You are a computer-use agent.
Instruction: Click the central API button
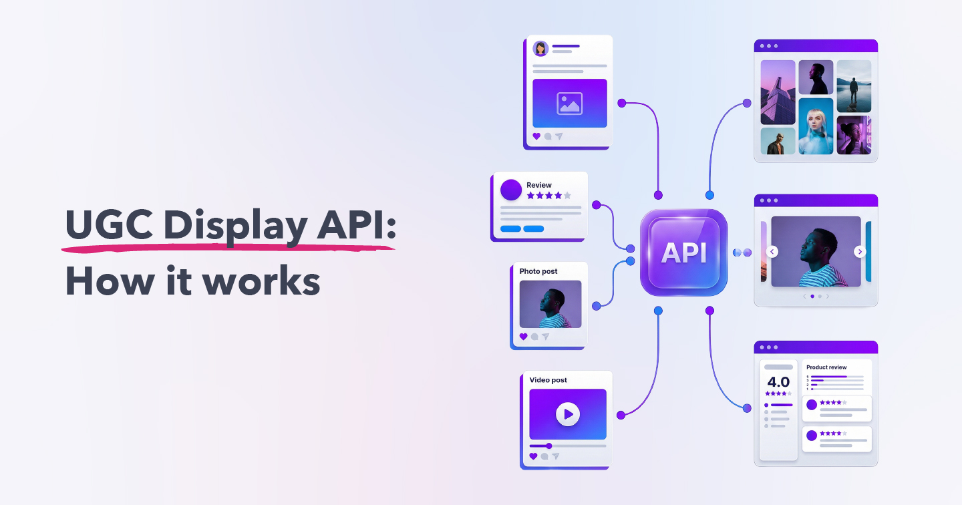[683, 252]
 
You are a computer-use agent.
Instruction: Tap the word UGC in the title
[108, 226]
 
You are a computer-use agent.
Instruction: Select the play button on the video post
[568, 414]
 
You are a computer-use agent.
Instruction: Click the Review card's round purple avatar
[511, 190]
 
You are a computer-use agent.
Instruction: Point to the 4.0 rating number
[778, 382]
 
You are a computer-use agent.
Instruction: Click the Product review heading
[826, 367]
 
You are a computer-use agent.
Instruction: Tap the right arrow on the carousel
[860, 252]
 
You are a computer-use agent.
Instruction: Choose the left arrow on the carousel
[772, 252]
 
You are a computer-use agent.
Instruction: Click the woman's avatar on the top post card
[540, 49]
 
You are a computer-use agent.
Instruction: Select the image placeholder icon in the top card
[569, 104]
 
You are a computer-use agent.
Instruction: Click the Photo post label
[538, 271]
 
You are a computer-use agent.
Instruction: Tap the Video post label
[548, 380]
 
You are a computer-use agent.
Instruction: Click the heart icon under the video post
[533, 456]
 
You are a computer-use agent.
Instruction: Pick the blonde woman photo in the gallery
[816, 126]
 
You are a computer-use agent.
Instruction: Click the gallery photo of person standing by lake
[854, 86]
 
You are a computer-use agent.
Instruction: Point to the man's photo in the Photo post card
[550, 304]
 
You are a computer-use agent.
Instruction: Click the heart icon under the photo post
[523, 337]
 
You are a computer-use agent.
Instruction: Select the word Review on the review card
[539, 185]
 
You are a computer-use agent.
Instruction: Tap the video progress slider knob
[549, 446]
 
